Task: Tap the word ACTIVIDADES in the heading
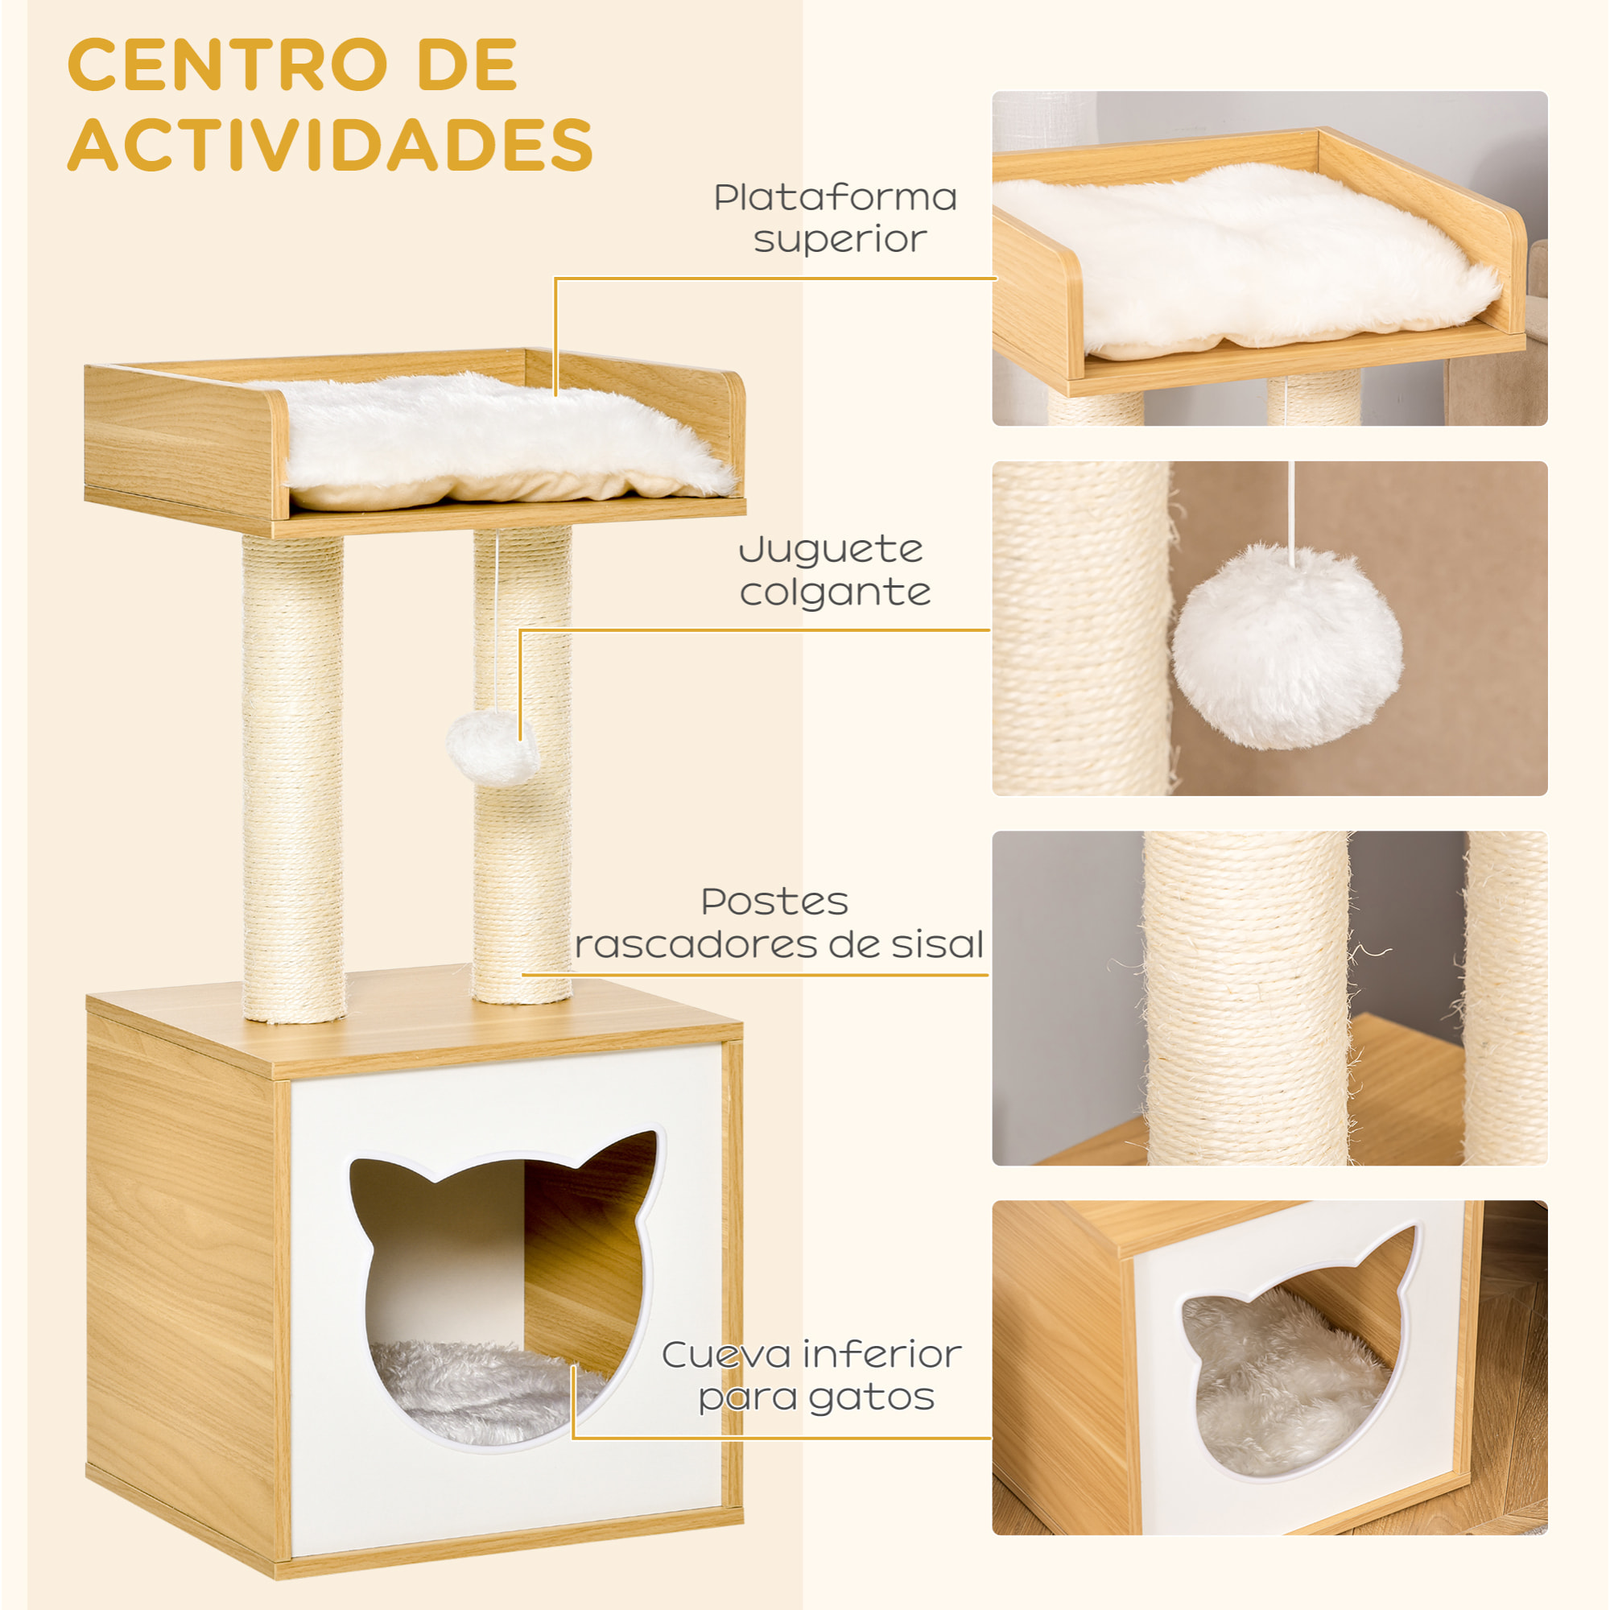click(330, 145)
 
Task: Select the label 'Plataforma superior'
click(836, 218)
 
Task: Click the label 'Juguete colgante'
click(833, 571)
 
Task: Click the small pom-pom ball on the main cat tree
click(492, 748)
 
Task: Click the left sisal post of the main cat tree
click(293, 775)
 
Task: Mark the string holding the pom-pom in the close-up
click(1292, 508)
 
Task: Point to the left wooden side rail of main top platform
click(184, 442)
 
